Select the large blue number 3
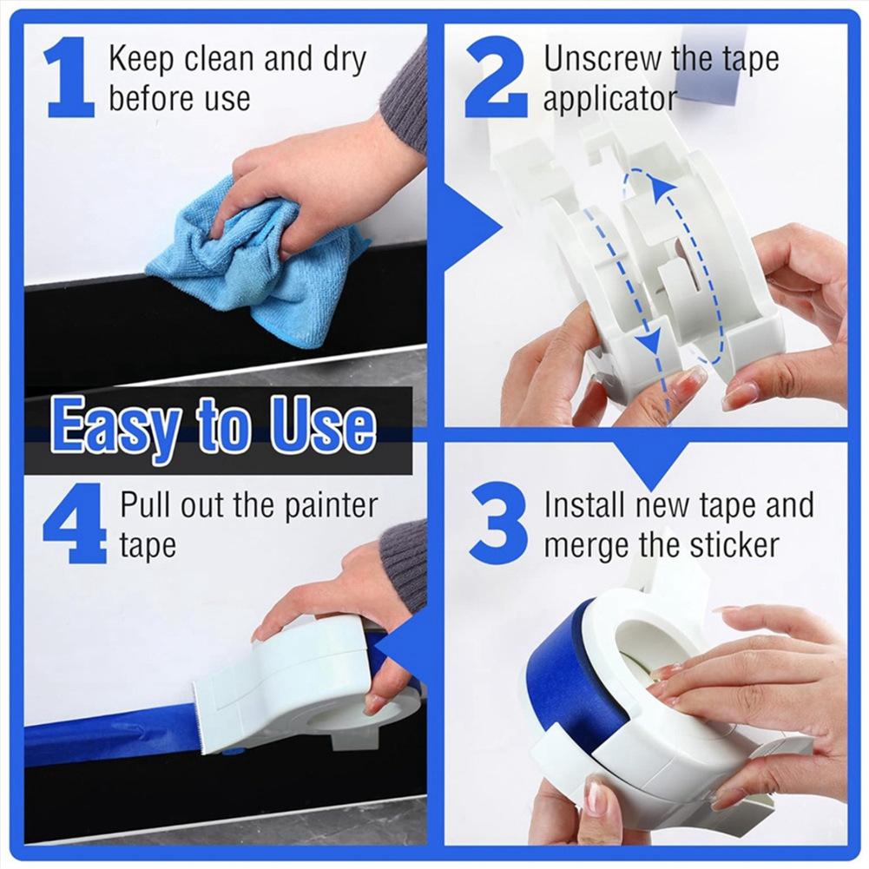click(x=497, y=523)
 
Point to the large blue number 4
click(x=74, y=523)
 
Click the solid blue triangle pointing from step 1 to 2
click(x=473, y=228)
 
